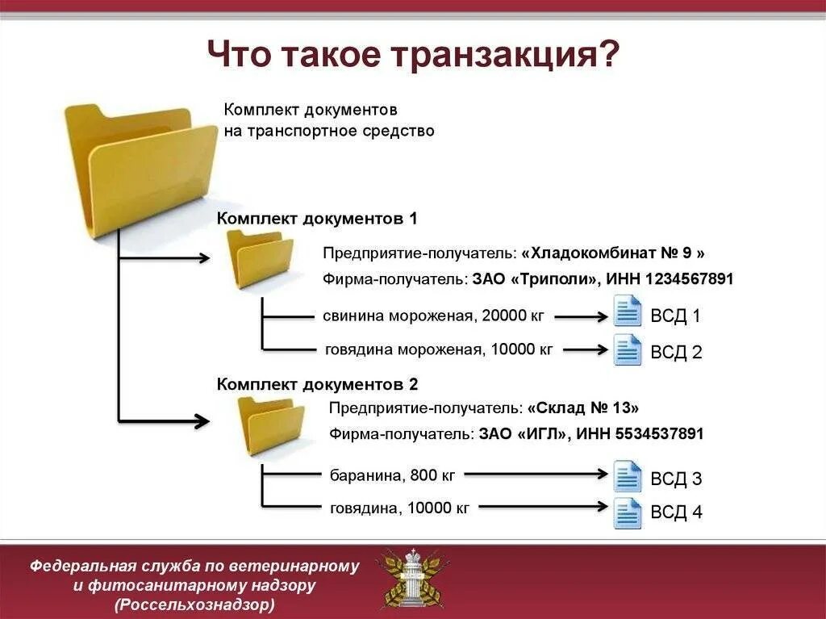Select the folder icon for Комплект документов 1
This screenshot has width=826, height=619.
[x=259, y=258]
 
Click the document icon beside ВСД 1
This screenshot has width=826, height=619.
[x=628, y=312]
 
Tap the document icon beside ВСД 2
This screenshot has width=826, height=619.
[x=628, y=349]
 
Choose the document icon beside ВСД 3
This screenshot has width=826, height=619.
[x=628, y=476]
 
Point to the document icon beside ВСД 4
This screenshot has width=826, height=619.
[x=628, y=512]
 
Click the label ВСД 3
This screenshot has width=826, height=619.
[x=676, y=479]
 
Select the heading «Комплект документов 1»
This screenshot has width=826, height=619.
[x=317, y=219]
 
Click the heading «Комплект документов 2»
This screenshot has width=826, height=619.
[x=317, y=384]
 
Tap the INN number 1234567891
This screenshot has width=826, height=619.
[x=689, y=279]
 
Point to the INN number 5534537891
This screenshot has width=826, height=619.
[x=659, y=434]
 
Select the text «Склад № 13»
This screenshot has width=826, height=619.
[x=583, y=408]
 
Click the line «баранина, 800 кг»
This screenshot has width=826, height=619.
[x=393, y=475]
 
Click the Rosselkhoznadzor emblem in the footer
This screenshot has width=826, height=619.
[x=413, y=577]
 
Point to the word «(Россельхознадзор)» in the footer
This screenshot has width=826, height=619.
[x=194, y=604]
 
